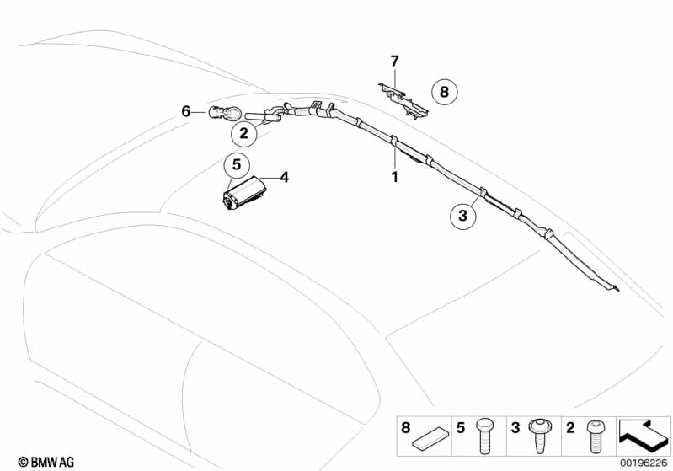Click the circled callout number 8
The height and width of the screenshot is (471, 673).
445,91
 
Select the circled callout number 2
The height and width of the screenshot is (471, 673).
243,133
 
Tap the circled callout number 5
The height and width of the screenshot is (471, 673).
237,164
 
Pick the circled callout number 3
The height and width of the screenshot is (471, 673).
462,217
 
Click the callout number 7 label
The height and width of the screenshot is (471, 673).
393,61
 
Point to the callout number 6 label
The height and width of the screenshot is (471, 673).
186,111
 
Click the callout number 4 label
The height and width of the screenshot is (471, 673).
285,177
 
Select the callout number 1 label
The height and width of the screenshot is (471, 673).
393,178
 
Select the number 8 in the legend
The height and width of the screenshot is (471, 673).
406,428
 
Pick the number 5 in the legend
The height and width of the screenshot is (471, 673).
459,428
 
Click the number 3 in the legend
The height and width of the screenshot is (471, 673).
513,428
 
